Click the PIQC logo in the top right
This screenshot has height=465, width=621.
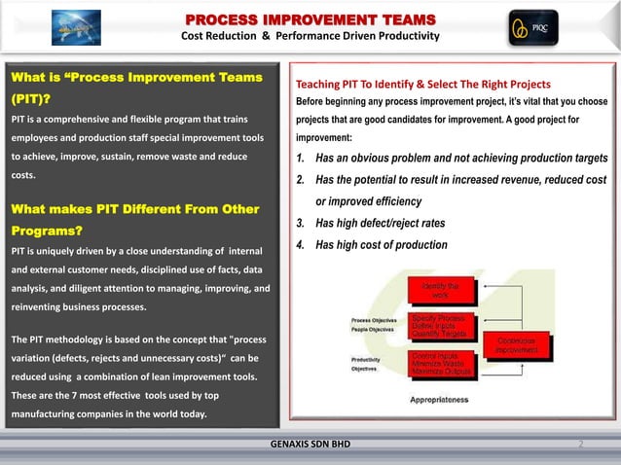(x=532, y=28)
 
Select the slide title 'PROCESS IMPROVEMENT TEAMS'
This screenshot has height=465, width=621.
(x=310, y=19)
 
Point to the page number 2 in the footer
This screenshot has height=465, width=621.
(x=580, y=445)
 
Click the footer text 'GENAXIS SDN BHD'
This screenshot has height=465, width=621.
(x=310, y=445)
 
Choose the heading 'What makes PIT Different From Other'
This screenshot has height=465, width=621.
(x=133, y=209)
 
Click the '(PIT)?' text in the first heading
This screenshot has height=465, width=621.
(x=30, y=98)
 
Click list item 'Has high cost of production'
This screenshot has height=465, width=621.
(x=381, y=245)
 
